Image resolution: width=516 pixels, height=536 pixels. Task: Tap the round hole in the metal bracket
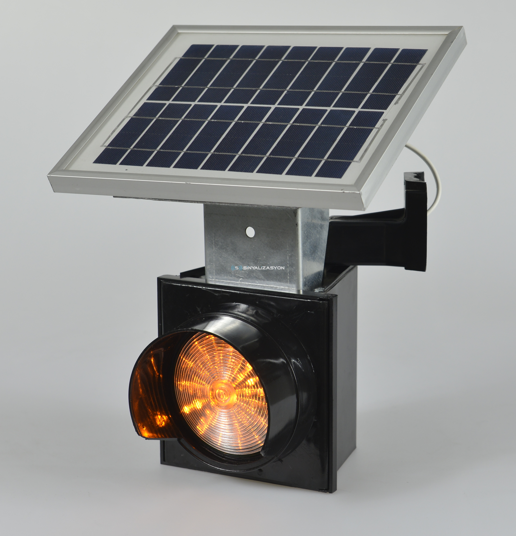[250, 232]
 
